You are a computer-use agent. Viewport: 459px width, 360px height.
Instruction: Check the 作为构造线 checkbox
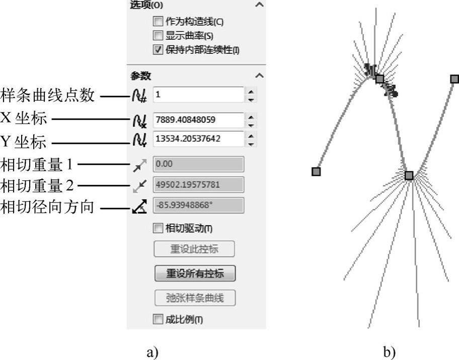coord(158,21)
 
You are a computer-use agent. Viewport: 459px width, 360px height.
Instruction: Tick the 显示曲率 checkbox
coord(158,35)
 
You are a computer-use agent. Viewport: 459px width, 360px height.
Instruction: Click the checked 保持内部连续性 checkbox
coord(158,49)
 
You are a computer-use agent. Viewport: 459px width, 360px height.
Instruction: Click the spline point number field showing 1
coord(198,95)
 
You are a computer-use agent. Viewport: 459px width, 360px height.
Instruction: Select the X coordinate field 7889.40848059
coord(198,120)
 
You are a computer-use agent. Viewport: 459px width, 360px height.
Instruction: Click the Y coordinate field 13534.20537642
coord(198,139)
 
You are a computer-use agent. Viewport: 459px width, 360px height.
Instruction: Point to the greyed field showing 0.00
coord(198,164)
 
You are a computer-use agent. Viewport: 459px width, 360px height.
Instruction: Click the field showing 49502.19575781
coord(198,185)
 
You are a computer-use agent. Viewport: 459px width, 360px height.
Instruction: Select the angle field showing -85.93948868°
coord(198,205)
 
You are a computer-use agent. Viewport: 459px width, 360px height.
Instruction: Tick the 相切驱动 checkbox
coord(158,228)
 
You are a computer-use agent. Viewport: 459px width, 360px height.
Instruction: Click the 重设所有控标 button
coord(195,273)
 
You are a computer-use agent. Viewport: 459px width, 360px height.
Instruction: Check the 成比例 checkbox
coord(158,319)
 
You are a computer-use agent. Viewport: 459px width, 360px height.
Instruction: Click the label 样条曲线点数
coord(47,95)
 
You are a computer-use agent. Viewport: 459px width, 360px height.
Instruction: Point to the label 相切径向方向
coord(47,207)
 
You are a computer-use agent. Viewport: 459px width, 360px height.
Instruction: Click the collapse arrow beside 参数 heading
coord(259,76)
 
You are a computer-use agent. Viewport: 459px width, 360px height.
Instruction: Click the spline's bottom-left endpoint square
coord(316,171)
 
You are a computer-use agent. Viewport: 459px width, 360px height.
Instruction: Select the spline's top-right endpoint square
coord(454,79)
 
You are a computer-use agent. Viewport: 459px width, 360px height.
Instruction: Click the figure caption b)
coord(390,351)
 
